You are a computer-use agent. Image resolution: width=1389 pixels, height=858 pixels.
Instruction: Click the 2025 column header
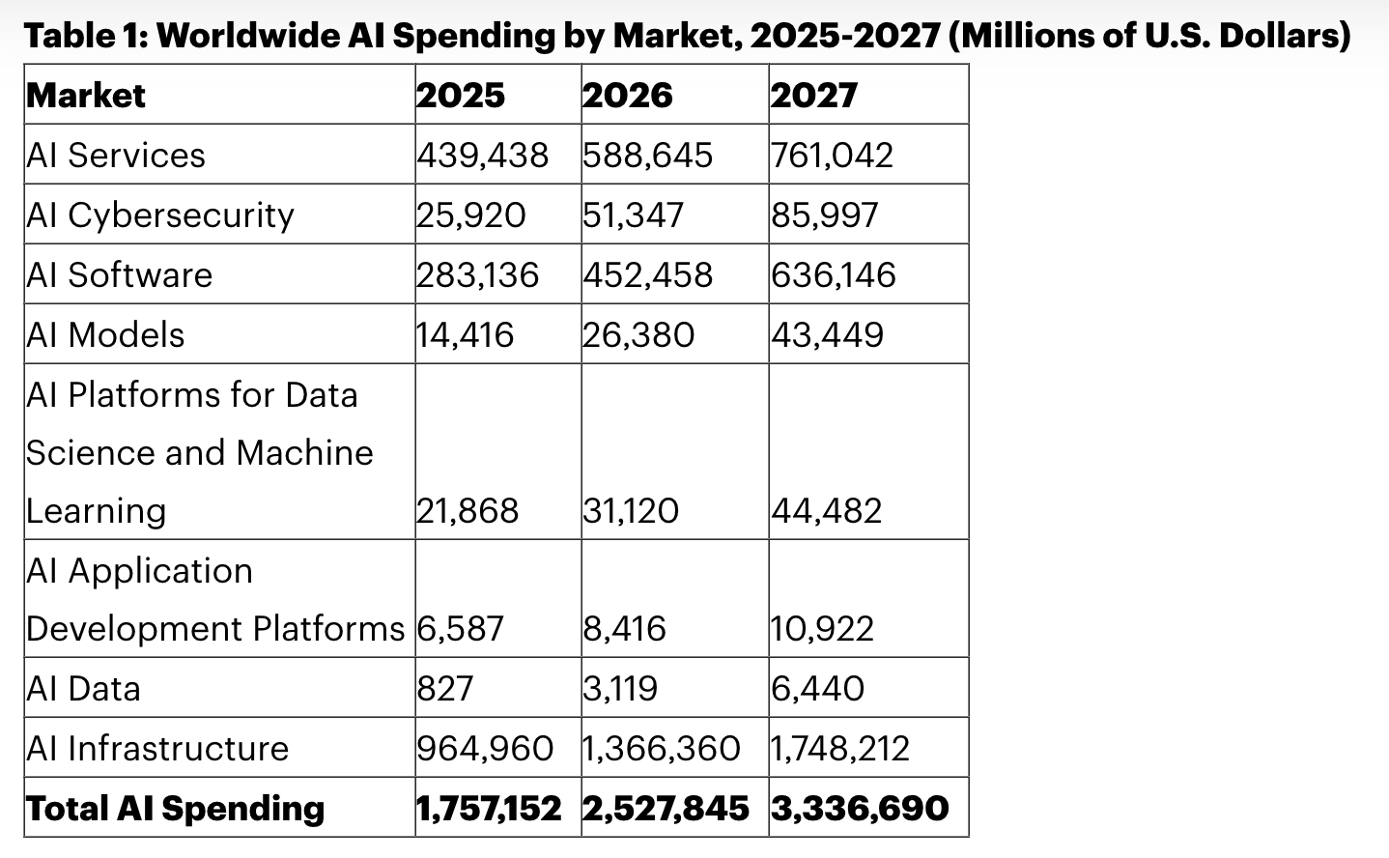coord(461,96)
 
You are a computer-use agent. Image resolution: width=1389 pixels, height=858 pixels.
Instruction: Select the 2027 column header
coord(814,96)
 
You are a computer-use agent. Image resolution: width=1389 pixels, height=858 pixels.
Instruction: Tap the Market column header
coord(86,96)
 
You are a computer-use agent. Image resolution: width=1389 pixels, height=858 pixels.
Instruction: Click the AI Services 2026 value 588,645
coord(647,156)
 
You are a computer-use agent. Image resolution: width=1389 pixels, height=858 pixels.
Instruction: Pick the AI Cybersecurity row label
coord(160,215)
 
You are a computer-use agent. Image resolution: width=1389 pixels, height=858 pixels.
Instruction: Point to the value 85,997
coord(825,215)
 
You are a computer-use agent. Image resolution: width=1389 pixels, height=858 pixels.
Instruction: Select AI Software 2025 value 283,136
coord(477,275)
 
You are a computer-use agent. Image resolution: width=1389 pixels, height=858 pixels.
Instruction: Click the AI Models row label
coord(105,335)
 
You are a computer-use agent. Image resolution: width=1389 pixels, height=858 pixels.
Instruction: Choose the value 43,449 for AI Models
coord(827,335)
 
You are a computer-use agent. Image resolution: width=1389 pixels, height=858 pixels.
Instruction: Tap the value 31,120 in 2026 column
coord(631,511)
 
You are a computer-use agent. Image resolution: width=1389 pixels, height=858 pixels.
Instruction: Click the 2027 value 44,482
coord(827,511)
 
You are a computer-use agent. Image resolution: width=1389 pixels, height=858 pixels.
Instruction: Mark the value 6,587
coord(460,629)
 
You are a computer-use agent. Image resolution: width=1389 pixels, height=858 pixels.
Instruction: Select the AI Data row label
coord(84,689)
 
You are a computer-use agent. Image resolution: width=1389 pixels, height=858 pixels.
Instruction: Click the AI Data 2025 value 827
coord(445,689)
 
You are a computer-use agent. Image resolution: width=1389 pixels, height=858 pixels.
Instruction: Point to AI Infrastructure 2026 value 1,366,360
coord(662,749)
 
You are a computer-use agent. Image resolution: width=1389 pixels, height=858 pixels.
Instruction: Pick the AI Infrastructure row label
coord(157,749)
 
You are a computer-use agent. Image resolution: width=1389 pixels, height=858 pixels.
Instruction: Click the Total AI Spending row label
coord(176,809)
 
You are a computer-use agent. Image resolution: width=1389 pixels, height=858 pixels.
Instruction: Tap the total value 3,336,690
coord(860,809)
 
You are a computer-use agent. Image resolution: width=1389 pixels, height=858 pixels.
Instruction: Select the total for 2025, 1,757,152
coord(489,809)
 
